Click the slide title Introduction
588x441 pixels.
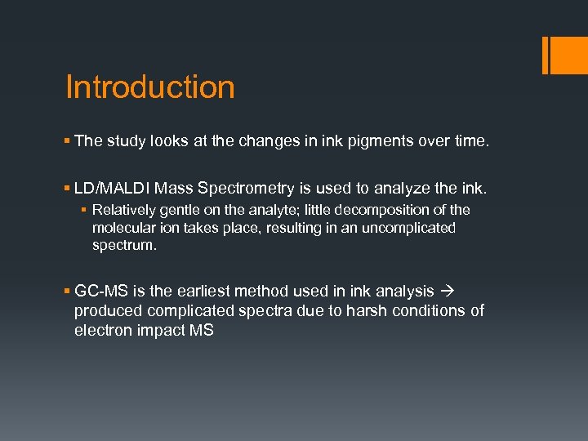coord(149,87)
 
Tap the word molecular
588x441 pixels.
coord(122,228)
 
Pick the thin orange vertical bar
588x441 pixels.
coord(544,55)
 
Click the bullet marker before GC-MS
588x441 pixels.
coord(68,290)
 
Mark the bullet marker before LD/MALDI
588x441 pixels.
coord(68,189)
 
